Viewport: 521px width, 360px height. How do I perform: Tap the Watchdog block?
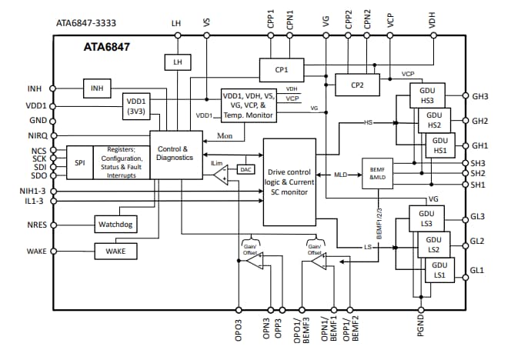click(115, 225)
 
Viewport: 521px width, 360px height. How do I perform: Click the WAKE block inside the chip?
click(115, 251)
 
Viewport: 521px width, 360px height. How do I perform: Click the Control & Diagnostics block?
click(172, 154)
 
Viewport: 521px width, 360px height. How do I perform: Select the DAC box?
click(247, 169)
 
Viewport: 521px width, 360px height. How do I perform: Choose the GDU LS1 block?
click(439, 271)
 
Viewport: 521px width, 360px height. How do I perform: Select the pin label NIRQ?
click(36, 135)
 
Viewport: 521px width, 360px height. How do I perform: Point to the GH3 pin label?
click(480, 97)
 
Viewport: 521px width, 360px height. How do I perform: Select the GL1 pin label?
click(478, 270)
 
